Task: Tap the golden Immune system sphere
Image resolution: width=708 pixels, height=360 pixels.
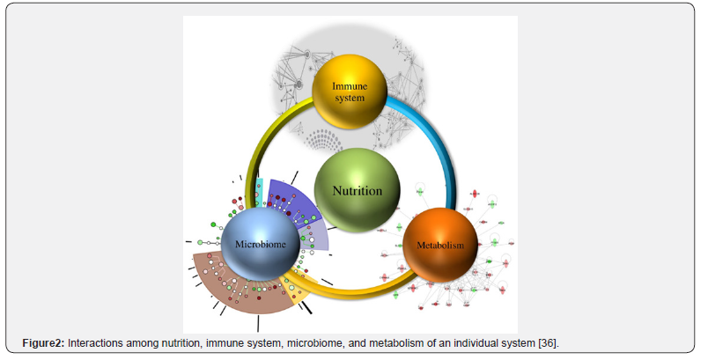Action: pyautogui.click(x=350, y=90)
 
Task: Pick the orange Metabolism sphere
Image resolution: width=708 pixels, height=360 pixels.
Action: pyautogui.click(x=439, y=245)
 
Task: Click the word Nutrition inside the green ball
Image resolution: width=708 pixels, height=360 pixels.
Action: pyautogui.click(x=357, y=190)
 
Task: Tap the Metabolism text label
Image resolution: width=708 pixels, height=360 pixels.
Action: pyautogui.click(x=439, y=246)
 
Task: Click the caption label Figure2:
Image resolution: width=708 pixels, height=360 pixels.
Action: pyautogui.click(x=44, y=342)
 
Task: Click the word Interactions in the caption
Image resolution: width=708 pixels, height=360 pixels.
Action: pyautogui.click(x=95, y=342)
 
